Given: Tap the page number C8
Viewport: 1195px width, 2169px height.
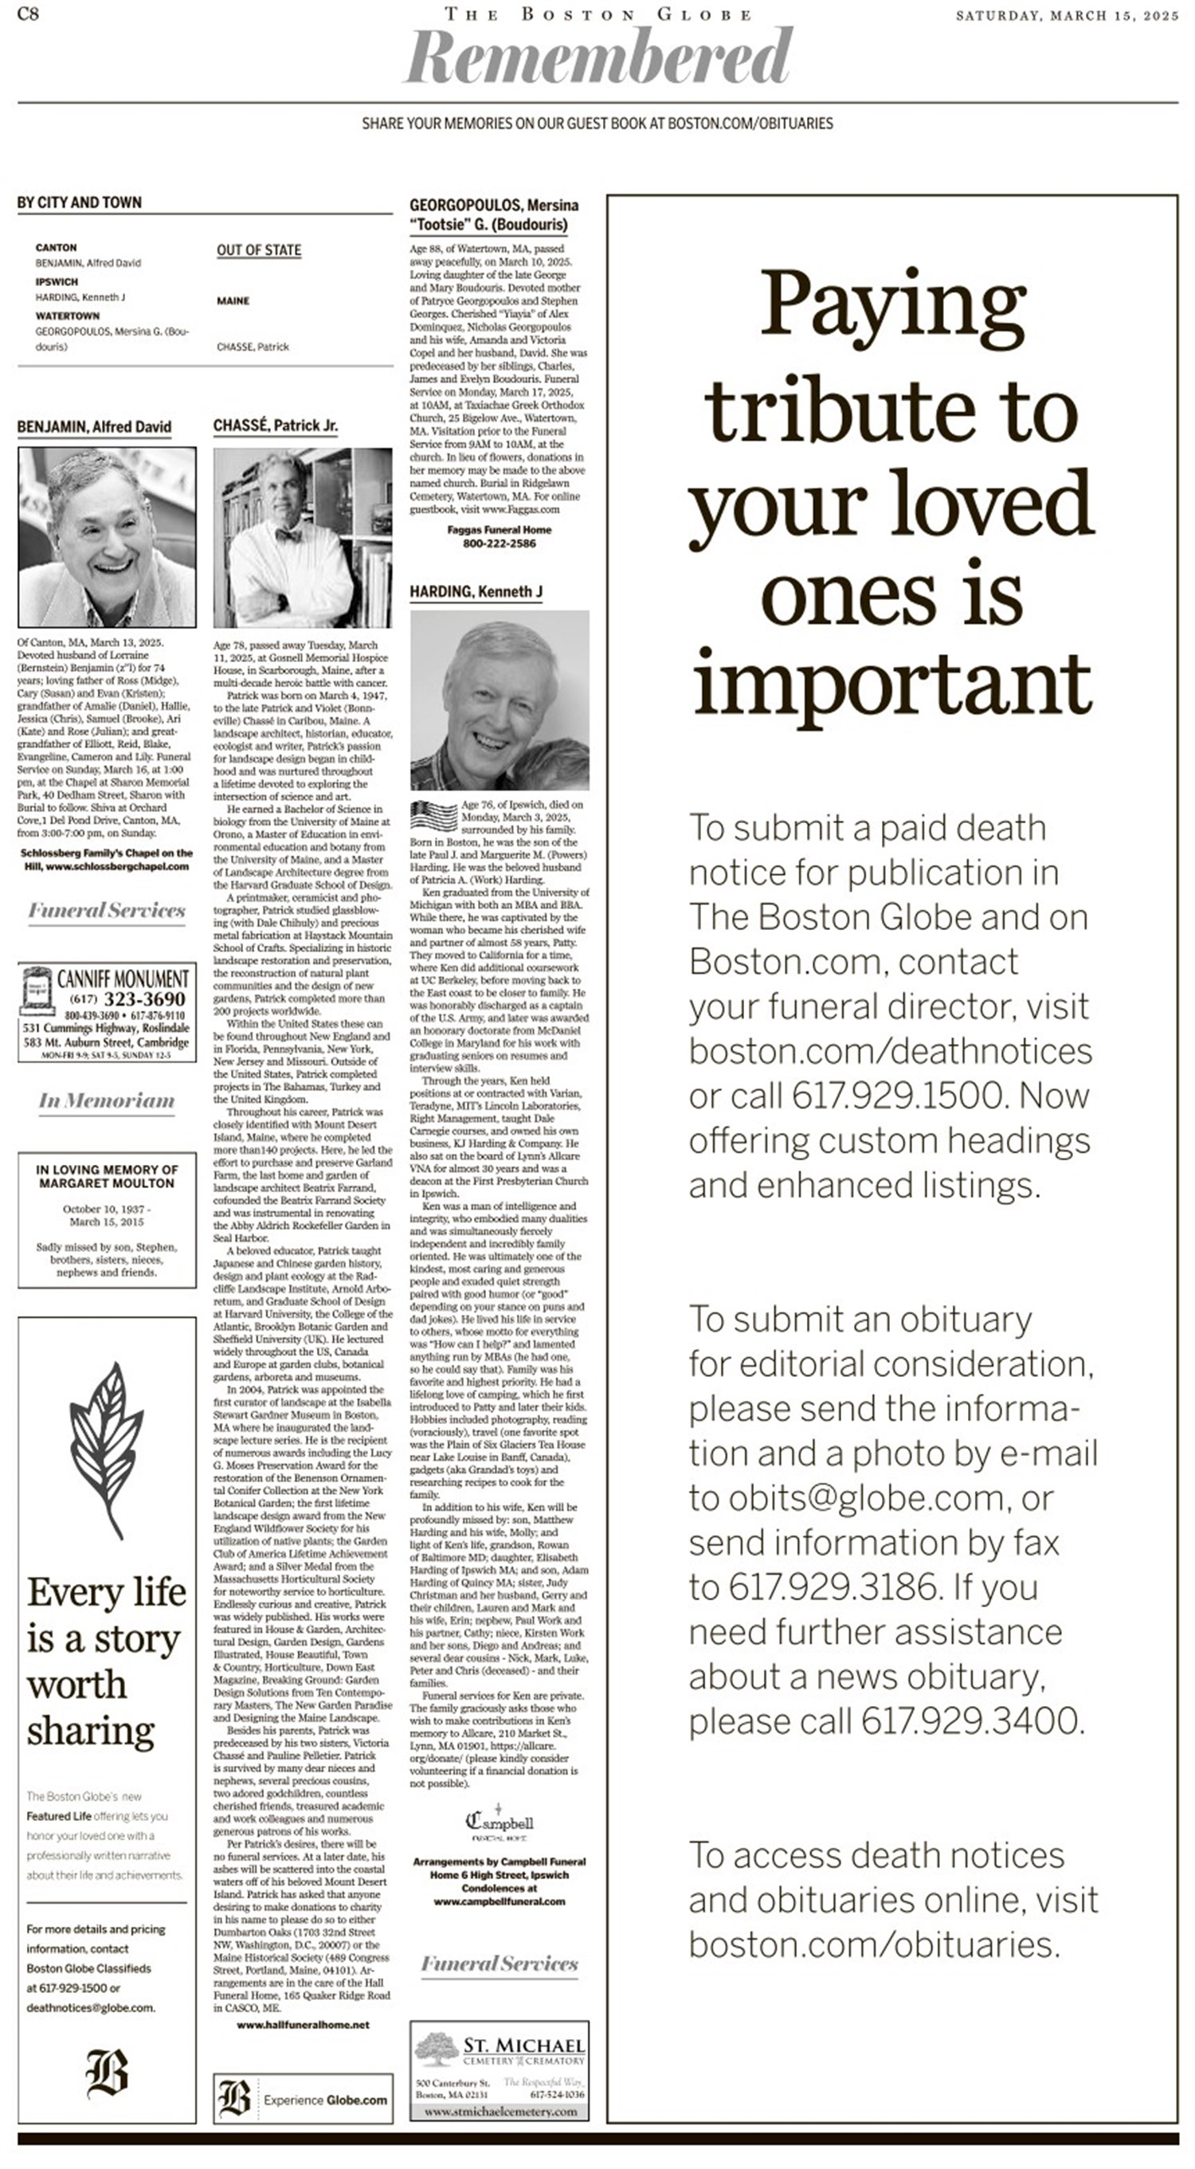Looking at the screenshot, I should coord(28,14).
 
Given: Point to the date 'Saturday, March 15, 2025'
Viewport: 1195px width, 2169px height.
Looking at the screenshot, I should coord(1067,16).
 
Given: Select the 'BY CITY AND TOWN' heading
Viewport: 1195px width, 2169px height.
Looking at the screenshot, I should coord(79,202).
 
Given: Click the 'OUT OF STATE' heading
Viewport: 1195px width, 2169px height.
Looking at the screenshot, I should coord(258,250).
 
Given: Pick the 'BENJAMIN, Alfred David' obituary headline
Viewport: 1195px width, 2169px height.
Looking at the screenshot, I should coord(94,427).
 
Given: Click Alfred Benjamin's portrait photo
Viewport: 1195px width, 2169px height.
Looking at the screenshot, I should coord(107,537).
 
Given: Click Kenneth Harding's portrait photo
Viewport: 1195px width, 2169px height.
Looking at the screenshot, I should coord(499,700).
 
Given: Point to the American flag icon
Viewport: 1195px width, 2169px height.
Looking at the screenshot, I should coord(433,816).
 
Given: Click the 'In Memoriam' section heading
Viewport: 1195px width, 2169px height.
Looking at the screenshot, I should coord(107,1100).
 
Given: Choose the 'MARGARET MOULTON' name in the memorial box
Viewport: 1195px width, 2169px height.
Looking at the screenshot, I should coord(107,1183).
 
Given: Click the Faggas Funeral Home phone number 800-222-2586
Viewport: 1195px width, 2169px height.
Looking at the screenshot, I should coord(499,543).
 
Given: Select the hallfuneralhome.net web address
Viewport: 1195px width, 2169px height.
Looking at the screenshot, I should coord(303,2024).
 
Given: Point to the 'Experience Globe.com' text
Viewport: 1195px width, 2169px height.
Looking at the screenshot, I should coord(325,2100).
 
